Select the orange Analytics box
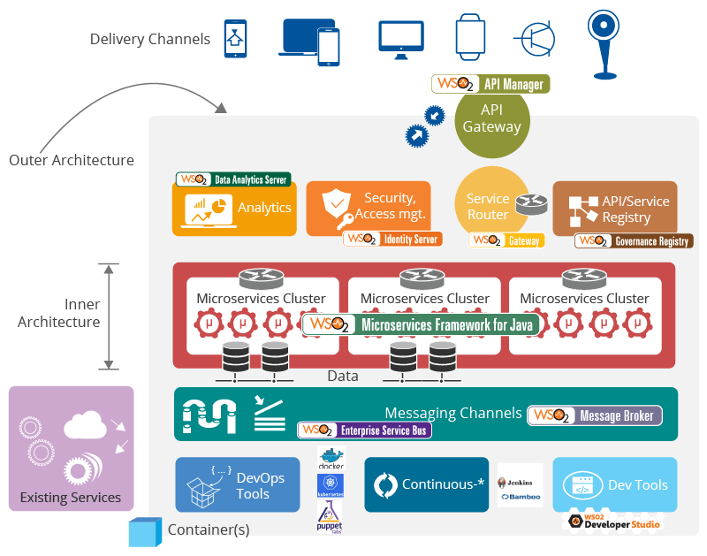point(234,209)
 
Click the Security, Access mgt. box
point(369,208)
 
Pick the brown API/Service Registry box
point(615,209)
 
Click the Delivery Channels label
point(150,39)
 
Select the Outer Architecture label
point(72,160)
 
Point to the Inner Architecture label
point(58,313)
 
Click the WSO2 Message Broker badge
point(594,415)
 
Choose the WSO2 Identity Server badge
point(392,239)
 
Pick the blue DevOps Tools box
point(238,484)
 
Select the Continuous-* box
point(426,484)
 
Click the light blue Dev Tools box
point(615,484)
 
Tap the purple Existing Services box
point(71,448)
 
